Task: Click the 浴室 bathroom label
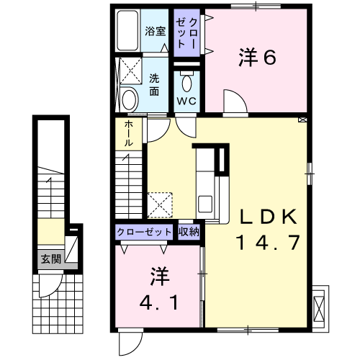pyautogui.click(x=156, y=31)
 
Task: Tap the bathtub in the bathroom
pyautogui.click(x=127, y=30)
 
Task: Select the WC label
pyautogui.click(x=186, y=101)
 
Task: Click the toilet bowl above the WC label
pyautogui.click(x=186, y=82)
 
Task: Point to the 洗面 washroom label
pyautogui.click(x=154, y=85)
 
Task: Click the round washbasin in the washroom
pyautogui.click(x=129, y=99)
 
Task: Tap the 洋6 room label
pyautogui.click(x=257, y=57)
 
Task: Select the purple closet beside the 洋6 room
pyautogui.click(x=186, y=33)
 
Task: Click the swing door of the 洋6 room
pyautogui.click(x=235, y=102)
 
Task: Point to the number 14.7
pyautogui.click(x=269, y=242)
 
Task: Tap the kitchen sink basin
pyautogui.click(x=205, y=204)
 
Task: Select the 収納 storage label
pyautogui.click(x=189, y=232)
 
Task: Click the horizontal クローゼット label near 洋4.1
pyautogui.click(x=144, y=232)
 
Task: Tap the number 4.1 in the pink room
pyautogui.click(x=159, y=302)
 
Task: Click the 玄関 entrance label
pyautogui.click(x=51, y=259)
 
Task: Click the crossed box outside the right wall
pyautogui.click(x=319, y=307)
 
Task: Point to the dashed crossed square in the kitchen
pyautogui.click(x=160, y=205)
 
